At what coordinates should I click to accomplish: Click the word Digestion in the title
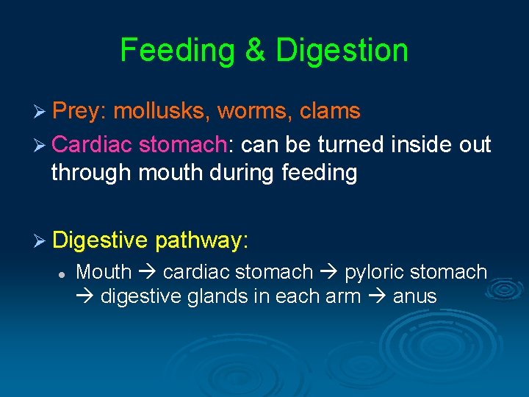coord(342,51)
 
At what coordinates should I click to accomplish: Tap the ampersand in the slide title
coord(252,51)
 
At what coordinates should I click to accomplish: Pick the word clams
coord(332,111)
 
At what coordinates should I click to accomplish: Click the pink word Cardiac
coord(93,144)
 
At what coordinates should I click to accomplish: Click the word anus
coord(415,296)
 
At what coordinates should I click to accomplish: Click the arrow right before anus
coord(381,296)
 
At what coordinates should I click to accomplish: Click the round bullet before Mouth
coord(62,273)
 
